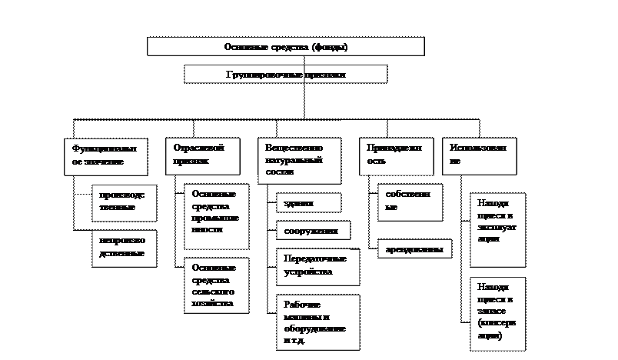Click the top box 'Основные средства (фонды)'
[x=285, y=47]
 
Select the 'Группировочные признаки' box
[x=285, y=75]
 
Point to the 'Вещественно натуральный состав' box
[x=299, y=161]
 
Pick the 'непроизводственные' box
[x=123, y=248]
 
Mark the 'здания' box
[x=308, y=203]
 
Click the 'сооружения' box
[x=313, y=230]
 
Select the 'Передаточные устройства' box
[x=314, y=265]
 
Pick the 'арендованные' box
[x=414, y=249]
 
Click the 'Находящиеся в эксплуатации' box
[x=497, y=229]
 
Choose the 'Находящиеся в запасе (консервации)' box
[x=497, y=312]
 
